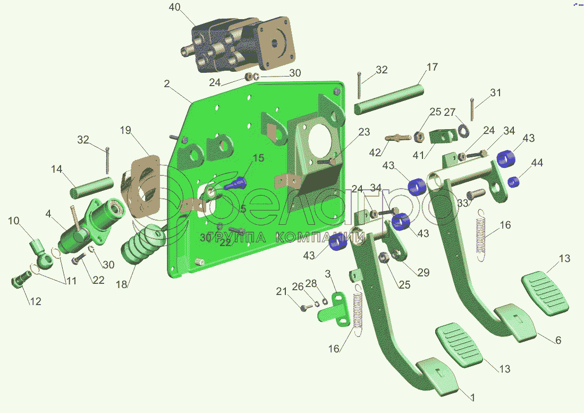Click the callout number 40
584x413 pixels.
(174, 7)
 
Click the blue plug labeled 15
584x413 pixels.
(237, 184)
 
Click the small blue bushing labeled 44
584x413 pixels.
(513, 181)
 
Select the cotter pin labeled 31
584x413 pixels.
(472, 109)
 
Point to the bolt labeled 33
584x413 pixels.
(475, 193)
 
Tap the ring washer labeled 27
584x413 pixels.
(463, 129)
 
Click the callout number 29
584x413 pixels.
(423, 273)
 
